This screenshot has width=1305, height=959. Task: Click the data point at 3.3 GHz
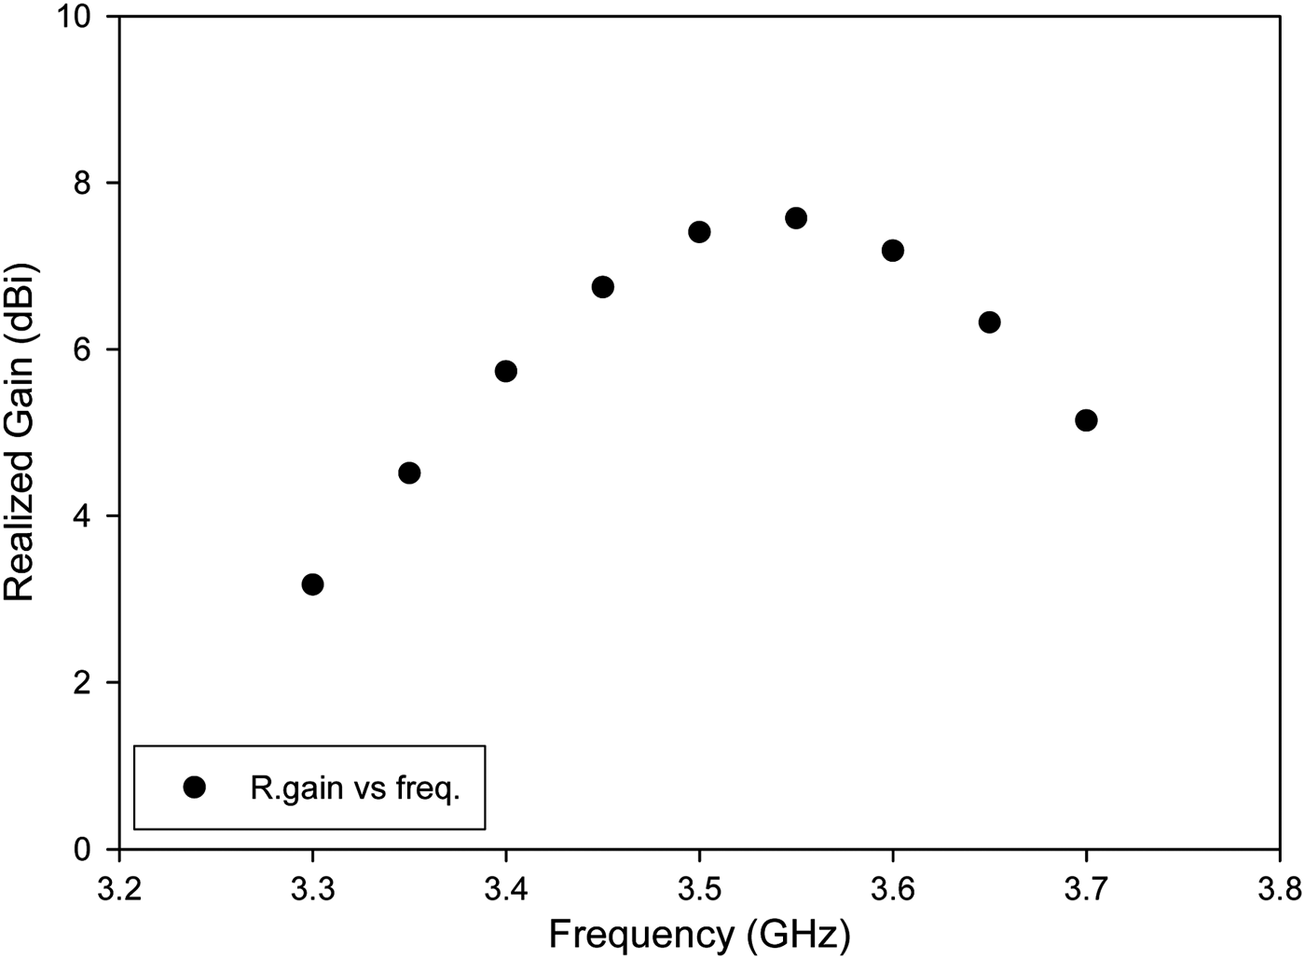[x=313, y=584]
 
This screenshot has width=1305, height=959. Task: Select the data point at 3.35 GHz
[x=409, y=473]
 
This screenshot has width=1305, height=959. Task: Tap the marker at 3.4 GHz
[x=506, y=371]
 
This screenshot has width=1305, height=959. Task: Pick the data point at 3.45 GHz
[x=602, y=287]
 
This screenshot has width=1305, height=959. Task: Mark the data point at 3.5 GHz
[x=699, y=232]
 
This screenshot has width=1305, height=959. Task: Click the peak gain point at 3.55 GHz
[x=796, y=218]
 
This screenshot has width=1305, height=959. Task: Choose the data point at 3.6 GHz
[x=893, y=251]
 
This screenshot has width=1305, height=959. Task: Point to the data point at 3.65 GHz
[x=990, y=322]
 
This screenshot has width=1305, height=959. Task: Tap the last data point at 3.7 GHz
[x=1086, y=420]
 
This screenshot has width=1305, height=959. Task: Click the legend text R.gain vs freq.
[x=355, y=789]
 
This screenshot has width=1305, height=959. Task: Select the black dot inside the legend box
[x=195, y=788]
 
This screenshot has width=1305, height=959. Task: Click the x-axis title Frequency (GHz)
[x=699, y=935]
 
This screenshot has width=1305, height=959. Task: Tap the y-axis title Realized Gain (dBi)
[x=21, y=432]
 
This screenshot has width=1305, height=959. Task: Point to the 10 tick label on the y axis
[x=78, y=18]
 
